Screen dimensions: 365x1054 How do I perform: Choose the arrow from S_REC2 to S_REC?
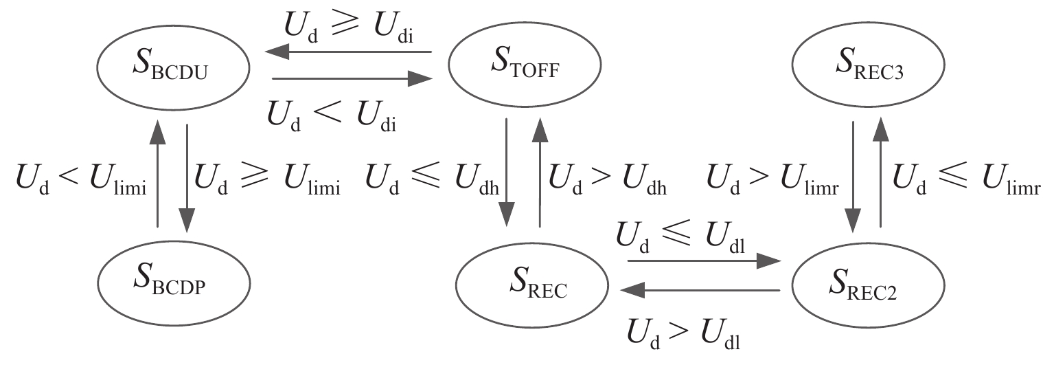click(x=700, y=291)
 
